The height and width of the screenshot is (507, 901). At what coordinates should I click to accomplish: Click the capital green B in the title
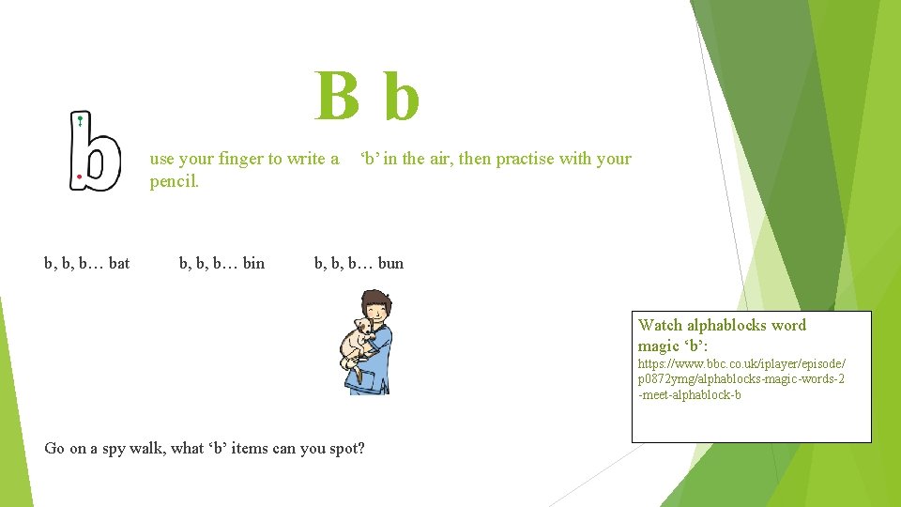click(x=337, y=97)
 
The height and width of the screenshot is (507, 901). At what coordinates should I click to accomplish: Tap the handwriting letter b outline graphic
click(x=95, y=151)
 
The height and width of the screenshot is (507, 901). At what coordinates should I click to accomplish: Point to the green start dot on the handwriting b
click(x=81, y=119)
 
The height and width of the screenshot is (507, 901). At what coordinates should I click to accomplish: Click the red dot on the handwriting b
click(x=80, y=176)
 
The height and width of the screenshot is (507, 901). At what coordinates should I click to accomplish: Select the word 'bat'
click(x=119, y=263)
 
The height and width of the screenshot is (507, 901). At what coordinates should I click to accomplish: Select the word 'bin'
click(x=253, y=263)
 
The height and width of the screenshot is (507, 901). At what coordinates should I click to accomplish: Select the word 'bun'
click(x=390, y=263)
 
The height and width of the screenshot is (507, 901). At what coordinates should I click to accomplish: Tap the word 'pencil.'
click(x=175, y=180)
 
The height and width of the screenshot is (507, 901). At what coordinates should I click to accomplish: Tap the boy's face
click(x=375, y=307)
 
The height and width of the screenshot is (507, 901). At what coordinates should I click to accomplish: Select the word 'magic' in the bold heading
click(x=660, y=346)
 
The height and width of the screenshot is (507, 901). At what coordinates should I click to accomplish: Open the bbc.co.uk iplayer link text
click(x=741, y=378)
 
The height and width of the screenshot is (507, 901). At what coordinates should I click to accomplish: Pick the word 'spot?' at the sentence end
click(x=346, y=449)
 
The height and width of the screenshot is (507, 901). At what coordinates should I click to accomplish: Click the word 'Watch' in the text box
click(x=660, y=325)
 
